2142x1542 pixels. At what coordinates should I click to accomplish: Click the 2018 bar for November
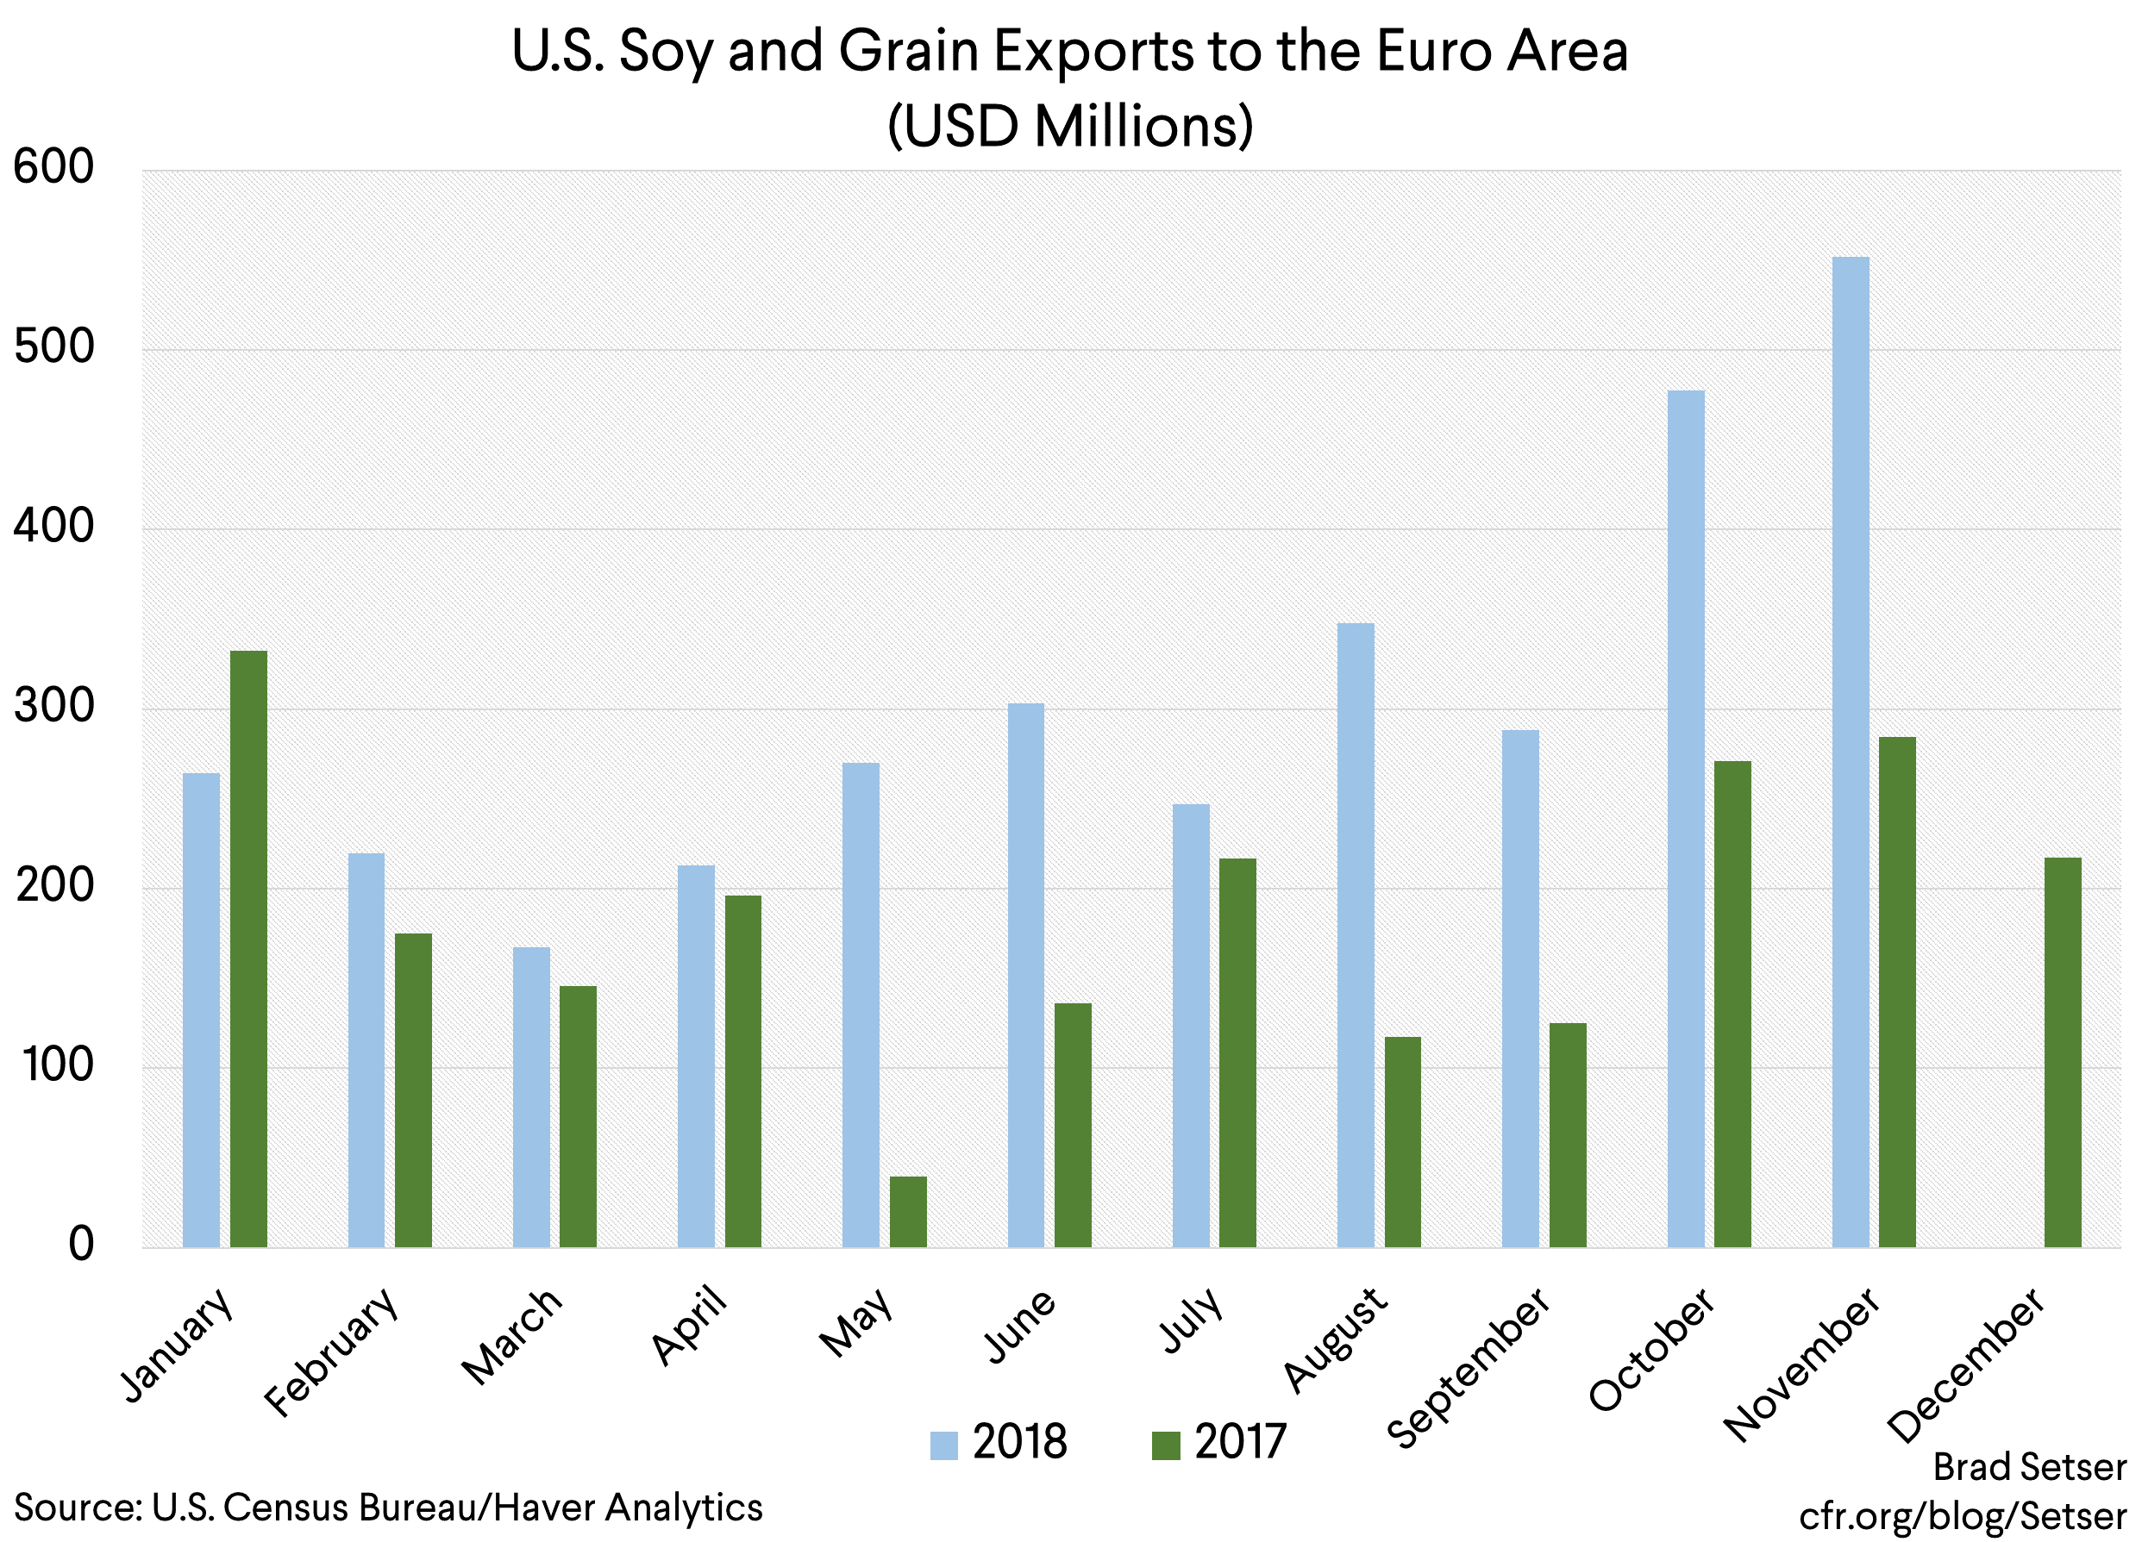pos(1851,752)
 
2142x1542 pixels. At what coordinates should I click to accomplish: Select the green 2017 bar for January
pos(248,948)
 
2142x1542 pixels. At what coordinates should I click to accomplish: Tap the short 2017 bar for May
pos(908,1212)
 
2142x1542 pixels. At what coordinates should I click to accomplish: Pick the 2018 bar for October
pos(1686,818)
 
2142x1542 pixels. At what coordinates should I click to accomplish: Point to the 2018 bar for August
pos(1356,935)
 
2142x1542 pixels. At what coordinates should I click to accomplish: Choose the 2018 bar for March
pos(531,1096)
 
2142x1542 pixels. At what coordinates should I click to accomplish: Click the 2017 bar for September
pos(1568,1134)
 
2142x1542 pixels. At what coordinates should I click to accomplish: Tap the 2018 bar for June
pos(1025,975)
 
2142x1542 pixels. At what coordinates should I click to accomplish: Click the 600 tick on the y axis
pos(53,168)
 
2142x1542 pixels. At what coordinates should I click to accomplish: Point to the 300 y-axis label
pos(53,706)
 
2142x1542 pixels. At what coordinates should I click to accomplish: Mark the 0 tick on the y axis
pos(81,1245)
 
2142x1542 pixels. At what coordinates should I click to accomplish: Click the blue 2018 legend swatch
pos(943,1445)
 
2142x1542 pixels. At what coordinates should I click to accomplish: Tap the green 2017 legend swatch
pos(1166,1445)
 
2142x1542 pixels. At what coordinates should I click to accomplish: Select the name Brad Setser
pos(2030,1466)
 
